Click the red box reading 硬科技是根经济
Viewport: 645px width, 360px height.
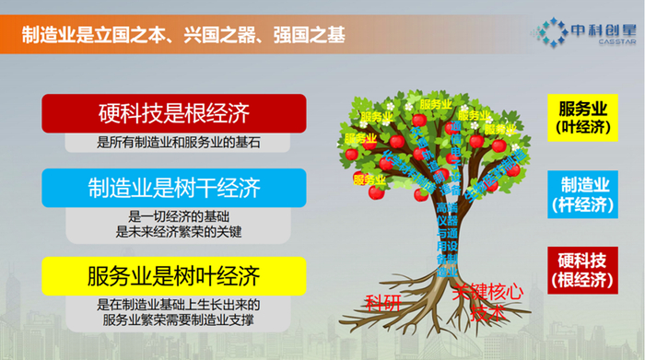coord(174,113)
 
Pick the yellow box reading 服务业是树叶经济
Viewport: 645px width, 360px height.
coord(174,275)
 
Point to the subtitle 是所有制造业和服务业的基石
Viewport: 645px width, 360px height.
coord(174,143)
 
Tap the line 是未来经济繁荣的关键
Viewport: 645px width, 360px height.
coord(174,232)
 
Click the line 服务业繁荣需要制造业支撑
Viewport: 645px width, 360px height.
coord(174,320)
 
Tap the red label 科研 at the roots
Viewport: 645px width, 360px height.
coord(383,303)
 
